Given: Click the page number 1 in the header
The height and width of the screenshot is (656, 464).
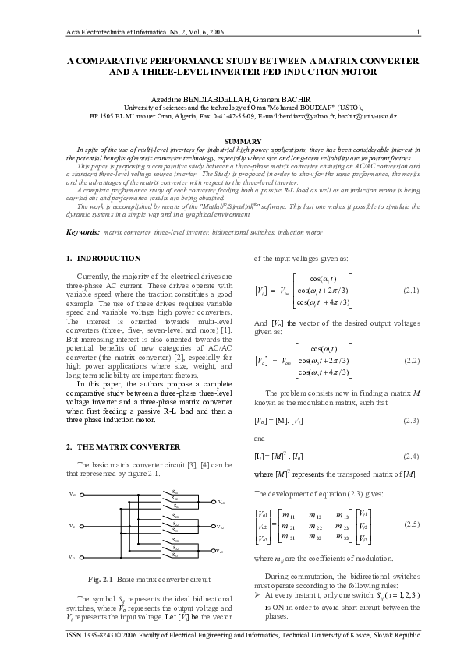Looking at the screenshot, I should point(419,31).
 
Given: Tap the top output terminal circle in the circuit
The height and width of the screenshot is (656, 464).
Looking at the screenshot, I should point(214,501).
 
